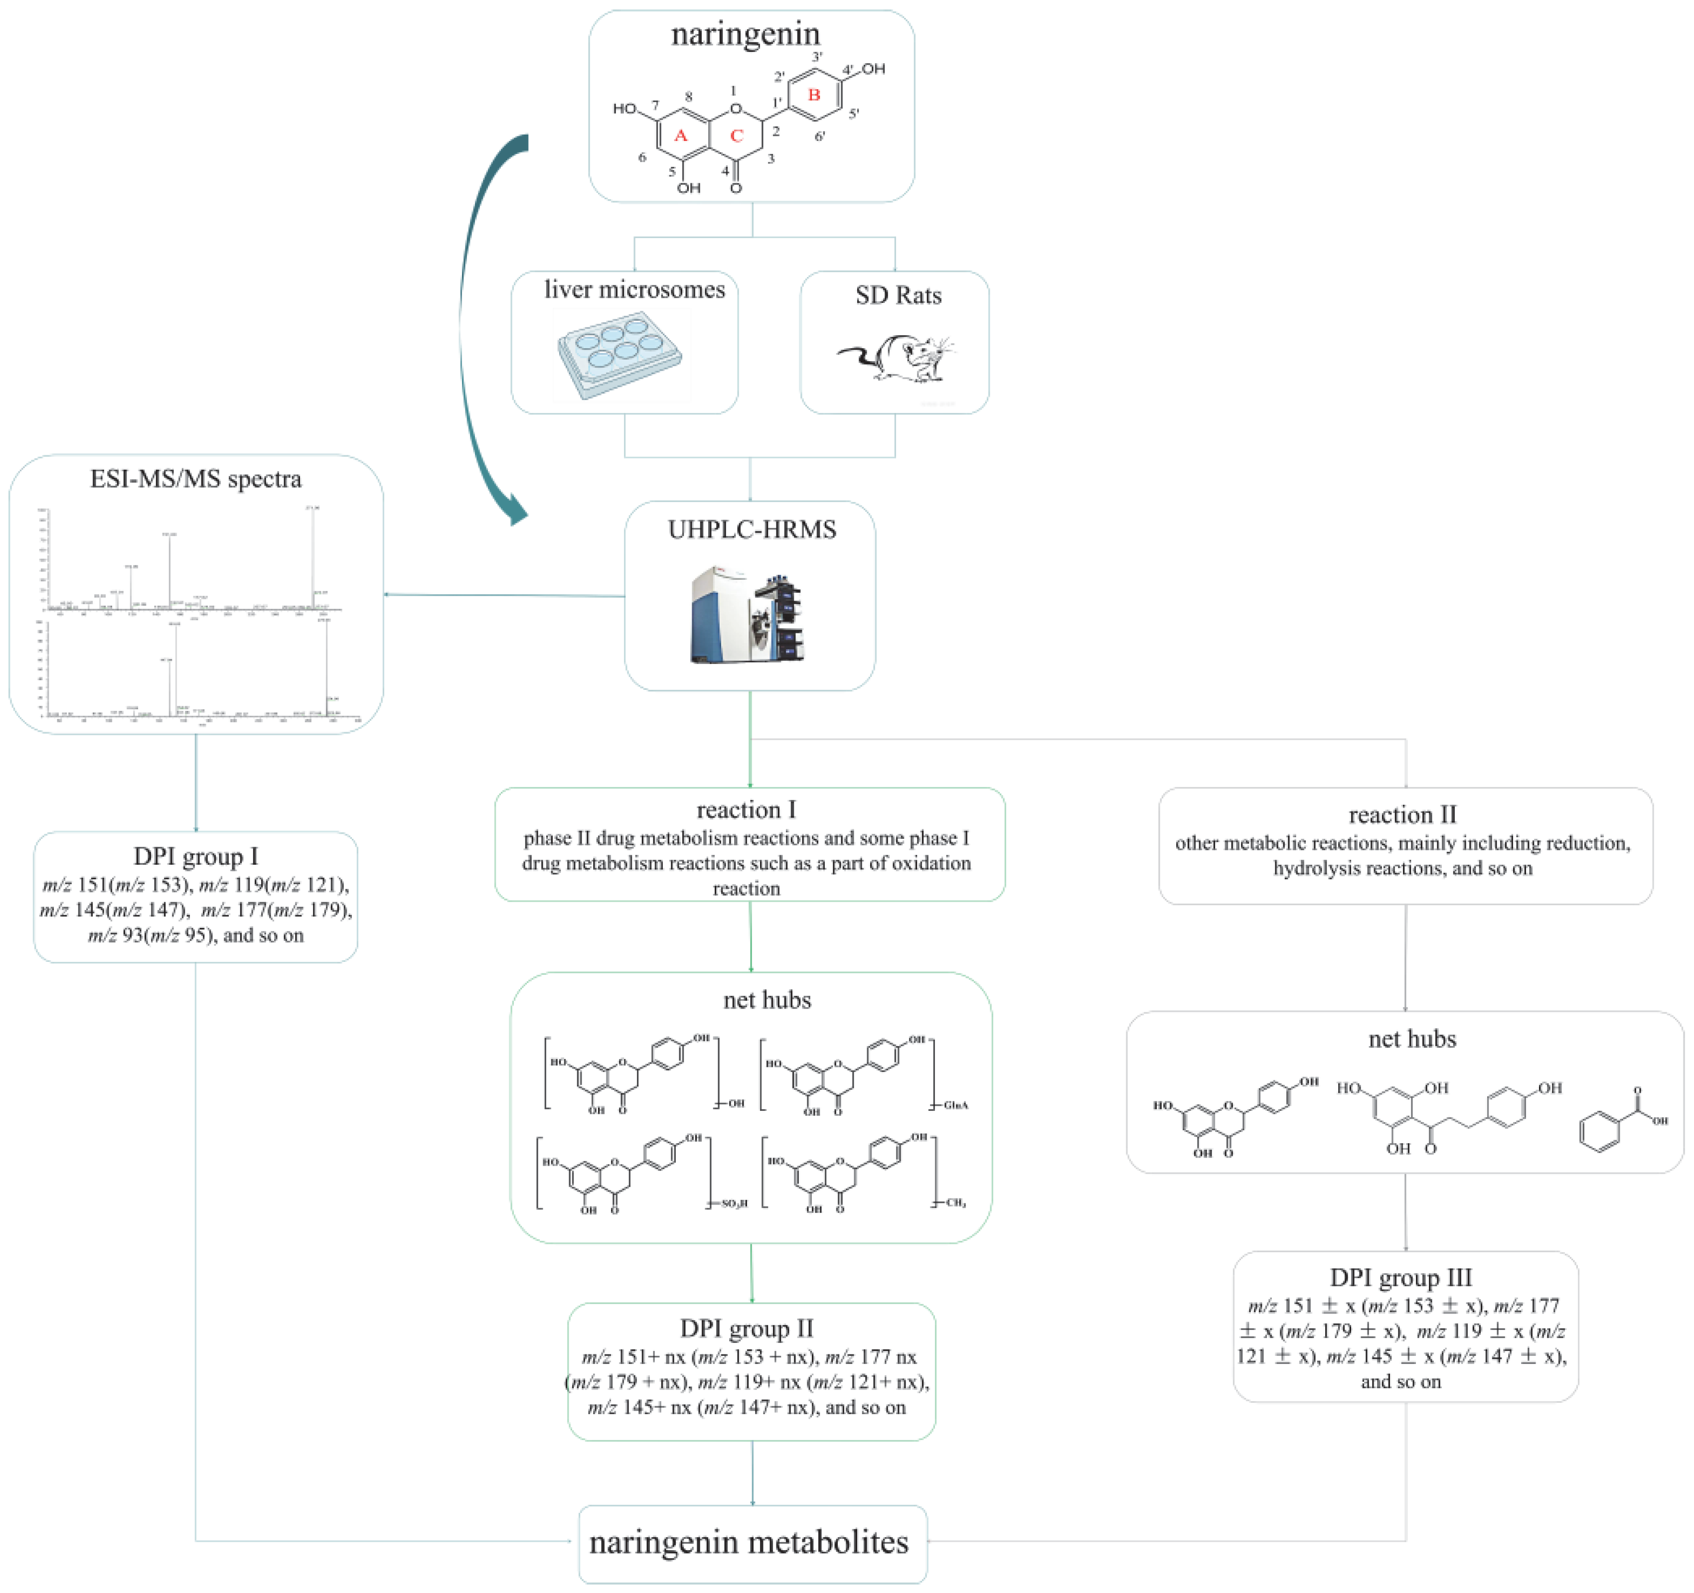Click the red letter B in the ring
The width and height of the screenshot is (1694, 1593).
[x=814, y=95]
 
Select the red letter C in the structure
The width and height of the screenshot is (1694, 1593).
[x=736, y=135]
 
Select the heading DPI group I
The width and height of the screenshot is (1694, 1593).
[x=195, y=856]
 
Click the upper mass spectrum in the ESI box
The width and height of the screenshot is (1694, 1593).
[x=192, y=562]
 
